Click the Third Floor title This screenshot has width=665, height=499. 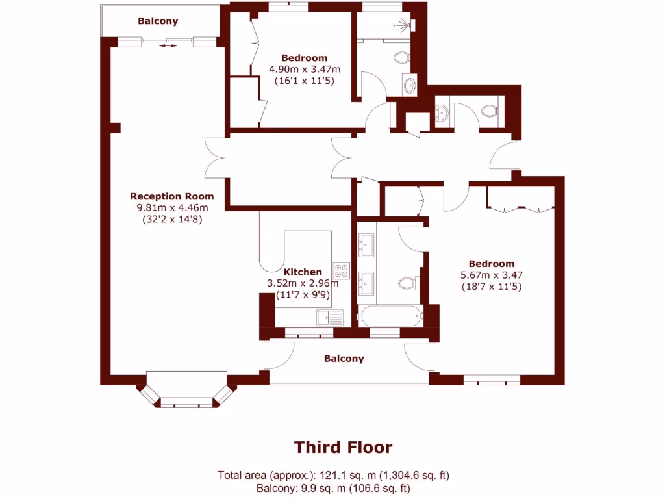343,447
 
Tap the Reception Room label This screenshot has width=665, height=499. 171,196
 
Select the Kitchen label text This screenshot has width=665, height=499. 303,272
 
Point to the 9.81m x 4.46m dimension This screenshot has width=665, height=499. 171,208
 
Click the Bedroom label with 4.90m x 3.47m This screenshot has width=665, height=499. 304,58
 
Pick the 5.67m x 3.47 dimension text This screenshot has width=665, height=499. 492,275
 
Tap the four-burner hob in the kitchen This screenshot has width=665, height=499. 342,270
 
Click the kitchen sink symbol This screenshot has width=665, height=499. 330,317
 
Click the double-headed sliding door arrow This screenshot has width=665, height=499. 168,45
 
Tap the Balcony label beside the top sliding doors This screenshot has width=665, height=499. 157,21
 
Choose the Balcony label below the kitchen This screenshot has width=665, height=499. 344,359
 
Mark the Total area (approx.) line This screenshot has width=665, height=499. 333,475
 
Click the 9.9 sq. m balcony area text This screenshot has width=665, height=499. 333,488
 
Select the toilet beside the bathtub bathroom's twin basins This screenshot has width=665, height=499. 408,283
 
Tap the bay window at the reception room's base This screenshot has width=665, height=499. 186,393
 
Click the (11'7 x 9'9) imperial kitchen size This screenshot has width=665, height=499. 303,294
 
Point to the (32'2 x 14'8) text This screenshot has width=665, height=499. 171,220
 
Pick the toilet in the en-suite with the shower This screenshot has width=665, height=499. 402,58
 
